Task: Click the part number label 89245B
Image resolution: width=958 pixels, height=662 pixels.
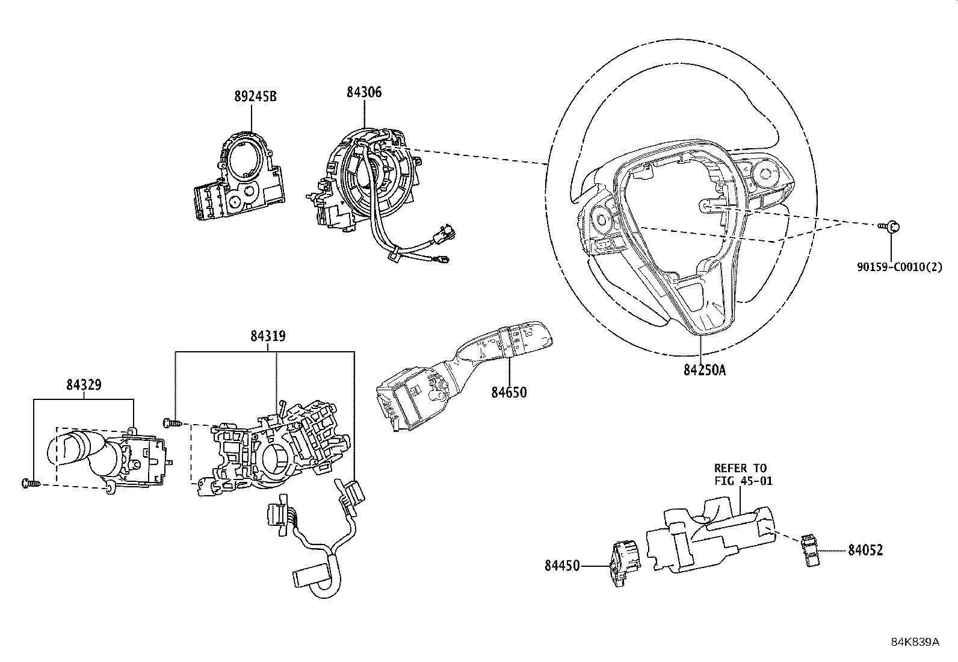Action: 255,96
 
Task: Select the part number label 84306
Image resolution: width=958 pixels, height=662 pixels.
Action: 364,92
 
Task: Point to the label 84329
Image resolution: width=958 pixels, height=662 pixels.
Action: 84,384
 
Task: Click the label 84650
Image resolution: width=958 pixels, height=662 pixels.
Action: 508,392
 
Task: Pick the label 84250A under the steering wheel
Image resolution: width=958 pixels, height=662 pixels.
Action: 704,370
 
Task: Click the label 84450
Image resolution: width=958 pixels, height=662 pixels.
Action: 563,566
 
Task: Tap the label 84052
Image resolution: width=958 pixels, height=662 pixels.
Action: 865,550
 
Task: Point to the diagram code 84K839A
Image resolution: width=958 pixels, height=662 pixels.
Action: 915,642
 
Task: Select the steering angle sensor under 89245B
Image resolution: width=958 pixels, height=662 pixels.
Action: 238,180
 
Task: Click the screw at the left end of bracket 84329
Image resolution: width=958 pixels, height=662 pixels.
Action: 29,482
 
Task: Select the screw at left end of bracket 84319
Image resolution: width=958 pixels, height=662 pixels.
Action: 170,423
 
